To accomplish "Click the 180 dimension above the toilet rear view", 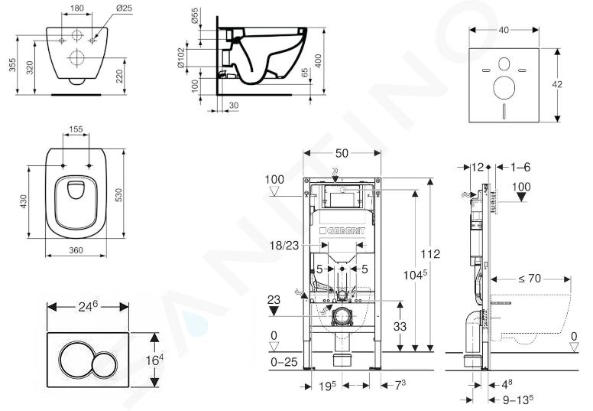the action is (77, 8).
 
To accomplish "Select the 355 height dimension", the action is (13, 65).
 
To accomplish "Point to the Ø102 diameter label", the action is (182, 57).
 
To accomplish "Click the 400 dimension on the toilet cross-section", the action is (318, 60).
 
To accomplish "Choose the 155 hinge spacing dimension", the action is (76, 129).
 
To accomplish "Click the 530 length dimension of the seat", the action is (118, 192).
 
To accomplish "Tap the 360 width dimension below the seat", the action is (76, 250).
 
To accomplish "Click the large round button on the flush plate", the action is (75, 359).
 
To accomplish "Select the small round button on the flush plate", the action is (105, 365).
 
